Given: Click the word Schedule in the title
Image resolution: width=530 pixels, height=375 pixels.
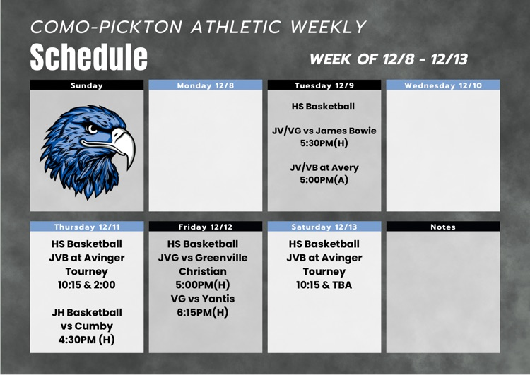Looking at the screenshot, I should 88,56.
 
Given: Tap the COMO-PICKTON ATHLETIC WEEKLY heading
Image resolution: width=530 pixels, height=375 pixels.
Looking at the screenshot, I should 199,28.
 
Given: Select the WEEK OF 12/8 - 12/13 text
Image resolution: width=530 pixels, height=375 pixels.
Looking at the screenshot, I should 389,59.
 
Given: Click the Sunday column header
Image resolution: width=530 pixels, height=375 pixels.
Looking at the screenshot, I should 87,85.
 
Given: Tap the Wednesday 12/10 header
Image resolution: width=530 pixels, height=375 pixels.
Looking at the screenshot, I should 442,85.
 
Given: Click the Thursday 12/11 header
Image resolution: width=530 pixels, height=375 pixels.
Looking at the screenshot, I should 87,227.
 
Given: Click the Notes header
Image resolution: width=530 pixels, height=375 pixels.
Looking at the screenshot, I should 442,227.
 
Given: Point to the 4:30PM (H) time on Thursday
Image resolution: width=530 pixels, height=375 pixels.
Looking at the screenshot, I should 87,340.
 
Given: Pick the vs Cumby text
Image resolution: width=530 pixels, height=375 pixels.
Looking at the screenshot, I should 87,326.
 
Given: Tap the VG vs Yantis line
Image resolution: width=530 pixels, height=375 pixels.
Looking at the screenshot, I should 203,299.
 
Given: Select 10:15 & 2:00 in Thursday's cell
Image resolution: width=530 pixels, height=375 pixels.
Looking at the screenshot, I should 87,285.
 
